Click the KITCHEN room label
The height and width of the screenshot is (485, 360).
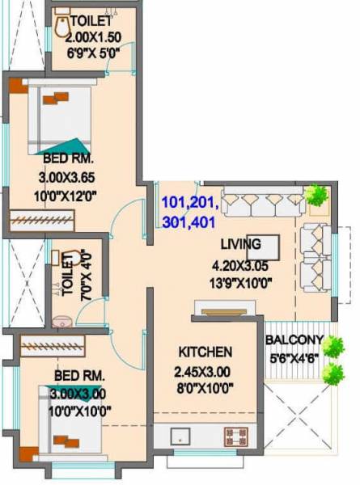[205, 352]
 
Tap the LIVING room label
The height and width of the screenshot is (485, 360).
[241, 244]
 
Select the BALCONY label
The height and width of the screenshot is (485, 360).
[294, 339]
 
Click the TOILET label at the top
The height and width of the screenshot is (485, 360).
[91, 20]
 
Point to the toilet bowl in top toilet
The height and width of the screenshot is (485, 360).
[63, 27]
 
